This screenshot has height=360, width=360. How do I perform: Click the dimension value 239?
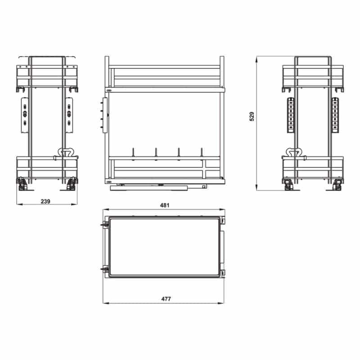pyautogui.click(x=45, y=202)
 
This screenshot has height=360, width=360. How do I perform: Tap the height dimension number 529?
pyautogui.click(x=252, y=116)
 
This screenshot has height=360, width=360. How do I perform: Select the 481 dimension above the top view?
pyautogui.click(x=164, y=205)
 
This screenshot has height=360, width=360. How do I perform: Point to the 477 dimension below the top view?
pyautogui.click(x=164, y=299)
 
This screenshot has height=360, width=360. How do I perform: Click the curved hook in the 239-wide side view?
pyautogui.click(x=66, y=152)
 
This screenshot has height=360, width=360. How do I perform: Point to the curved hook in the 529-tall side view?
pyautogui.click(x=293, y=152)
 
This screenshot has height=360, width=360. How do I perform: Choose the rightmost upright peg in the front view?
pyautogui.click(x=202, y=153)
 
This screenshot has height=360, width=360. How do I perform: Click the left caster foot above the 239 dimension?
pyautogui.click(x=21, y=184)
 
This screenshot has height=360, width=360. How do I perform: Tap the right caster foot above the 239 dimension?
pyautogui.click(x=72, y=184)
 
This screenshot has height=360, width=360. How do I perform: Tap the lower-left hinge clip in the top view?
pyautogui.click(x=104, y=269)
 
